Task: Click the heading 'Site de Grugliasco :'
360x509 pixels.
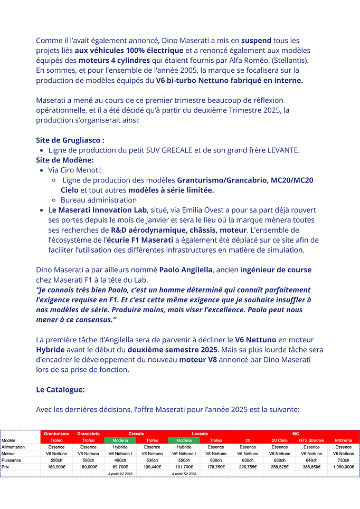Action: tap(70, 140)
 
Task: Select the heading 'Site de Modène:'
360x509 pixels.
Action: tap(65, 160)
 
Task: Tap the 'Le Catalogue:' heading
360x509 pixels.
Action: tap(60, 390)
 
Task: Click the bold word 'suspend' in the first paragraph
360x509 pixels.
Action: tap(257, 41)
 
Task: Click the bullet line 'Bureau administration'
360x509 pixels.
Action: tap(99, 200)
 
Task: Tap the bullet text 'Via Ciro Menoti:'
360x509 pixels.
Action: tap(75, 170)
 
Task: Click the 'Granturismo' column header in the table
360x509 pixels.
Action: tap(56, 434)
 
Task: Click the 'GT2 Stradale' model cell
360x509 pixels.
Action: tap(311, 440)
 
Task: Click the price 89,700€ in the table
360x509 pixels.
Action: tap(120, 467)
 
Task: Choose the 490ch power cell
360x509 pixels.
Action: tap(120, 460)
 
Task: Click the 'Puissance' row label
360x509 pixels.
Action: tap(12, 460)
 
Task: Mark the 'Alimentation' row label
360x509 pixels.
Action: tap(14, 447)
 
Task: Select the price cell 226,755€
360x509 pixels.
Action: tap(248, 467)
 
